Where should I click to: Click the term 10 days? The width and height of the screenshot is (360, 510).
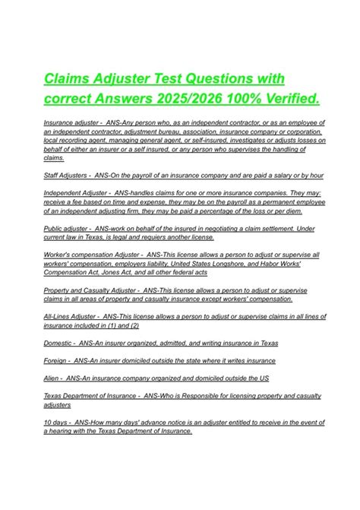point(55,421)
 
